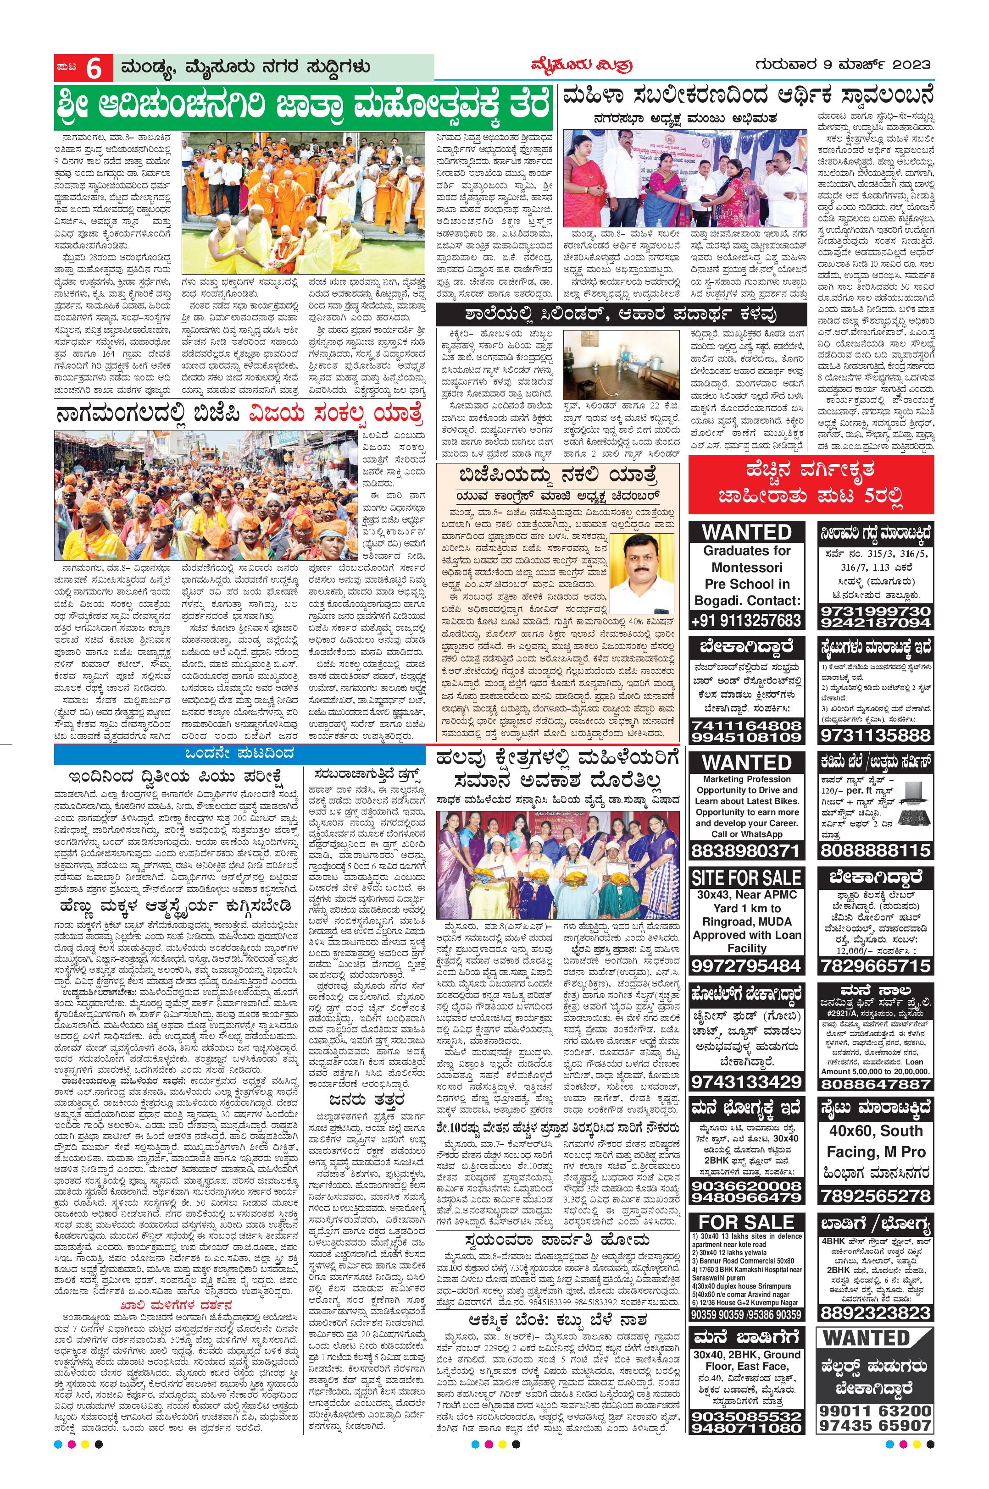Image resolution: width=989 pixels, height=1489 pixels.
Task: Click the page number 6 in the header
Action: pyautogui.click(x=94, y=69)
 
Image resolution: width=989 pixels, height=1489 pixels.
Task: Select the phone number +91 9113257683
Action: pyautogui.click(x=746, y=620)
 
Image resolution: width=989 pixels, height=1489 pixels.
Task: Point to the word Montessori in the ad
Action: pyautogui.click(x=747, y=567)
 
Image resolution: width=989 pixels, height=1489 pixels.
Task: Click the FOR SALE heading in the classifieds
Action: pyautogui.click(x=746, y=1221)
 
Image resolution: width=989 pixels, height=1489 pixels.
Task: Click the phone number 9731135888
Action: pyautogui.click(x=875, y=735)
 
